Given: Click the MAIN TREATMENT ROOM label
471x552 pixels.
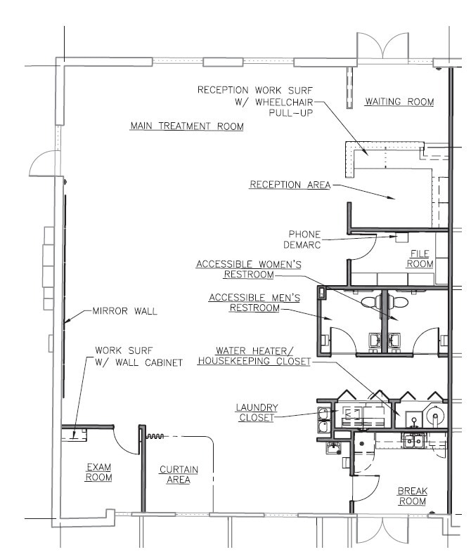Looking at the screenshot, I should coord(187,126).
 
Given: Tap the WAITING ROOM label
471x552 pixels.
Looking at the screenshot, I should coord(399,102).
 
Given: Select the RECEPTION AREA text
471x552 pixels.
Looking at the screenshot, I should coord(289,185).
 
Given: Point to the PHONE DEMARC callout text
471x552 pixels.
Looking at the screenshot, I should coord(304,239).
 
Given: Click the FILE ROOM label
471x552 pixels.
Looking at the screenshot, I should coord(422,258).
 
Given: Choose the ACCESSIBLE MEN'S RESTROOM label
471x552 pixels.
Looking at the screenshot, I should coord(254,303).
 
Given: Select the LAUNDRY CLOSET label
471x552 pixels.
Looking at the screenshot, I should coord(257,412).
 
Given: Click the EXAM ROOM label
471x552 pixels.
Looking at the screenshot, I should coord(98,472).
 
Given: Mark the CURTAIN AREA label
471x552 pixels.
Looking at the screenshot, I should coord(179,475).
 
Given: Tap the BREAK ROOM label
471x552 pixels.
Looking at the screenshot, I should coord(413,496).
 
